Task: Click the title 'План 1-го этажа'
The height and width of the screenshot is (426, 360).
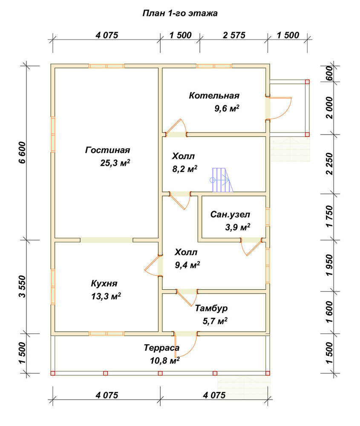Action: click(180, 13)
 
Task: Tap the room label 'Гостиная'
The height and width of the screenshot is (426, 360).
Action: click(108, 150)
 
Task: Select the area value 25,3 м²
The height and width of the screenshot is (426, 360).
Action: click(115, 163)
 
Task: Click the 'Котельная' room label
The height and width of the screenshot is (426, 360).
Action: click(214, 95)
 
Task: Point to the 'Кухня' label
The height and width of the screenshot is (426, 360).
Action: click(104, 283)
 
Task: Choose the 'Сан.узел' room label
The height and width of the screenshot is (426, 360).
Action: click(230, 215)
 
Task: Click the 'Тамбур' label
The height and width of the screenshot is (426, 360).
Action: click(211, 308)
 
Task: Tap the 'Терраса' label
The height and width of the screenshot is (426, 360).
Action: click(161, 348)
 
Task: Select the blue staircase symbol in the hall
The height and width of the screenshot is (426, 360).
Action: click(222, 180)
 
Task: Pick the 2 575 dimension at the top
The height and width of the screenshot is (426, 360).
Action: click(234, 35)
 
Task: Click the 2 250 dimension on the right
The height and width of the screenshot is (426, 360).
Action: click(329, 164)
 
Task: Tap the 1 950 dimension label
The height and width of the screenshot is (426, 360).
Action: click(329, 265)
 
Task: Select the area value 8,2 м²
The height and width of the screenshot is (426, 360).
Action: click(185, 169)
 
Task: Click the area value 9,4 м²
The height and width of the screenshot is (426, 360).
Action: click(187, 265)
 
